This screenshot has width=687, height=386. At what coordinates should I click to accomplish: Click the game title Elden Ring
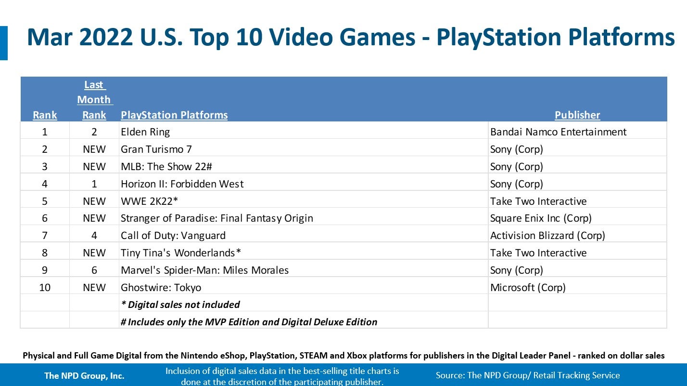coord(145,132)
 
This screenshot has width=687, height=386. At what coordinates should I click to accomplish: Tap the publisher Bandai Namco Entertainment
coord(558,132)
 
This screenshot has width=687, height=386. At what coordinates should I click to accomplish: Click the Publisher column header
coord(577,115)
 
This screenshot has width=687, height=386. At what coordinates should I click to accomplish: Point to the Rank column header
coord(45,115)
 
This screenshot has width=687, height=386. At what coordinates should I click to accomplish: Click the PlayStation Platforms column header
coord(174,115)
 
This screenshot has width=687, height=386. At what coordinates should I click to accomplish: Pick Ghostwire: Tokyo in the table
coord(161,288)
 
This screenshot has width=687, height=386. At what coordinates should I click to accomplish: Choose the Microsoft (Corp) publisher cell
coord(528,288)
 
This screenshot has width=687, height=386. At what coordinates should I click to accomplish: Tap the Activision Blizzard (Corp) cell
coord(547,236)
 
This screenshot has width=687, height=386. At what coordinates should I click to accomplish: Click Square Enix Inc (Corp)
coord(541,218)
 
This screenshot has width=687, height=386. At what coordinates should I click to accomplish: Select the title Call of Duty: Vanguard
coord(173,236)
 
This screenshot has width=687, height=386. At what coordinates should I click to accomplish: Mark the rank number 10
coord(45,288)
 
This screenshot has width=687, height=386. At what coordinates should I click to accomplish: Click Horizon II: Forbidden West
coord(182,184)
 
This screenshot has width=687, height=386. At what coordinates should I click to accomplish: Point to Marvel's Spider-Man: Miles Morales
coord(204,270)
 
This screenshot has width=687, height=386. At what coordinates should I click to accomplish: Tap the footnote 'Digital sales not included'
coord(180,305)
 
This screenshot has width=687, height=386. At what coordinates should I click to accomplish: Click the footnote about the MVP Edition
coord(249,322)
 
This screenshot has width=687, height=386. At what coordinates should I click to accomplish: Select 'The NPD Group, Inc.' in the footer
coord(84,375)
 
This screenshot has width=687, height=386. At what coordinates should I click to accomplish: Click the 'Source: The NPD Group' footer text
coord(528,375)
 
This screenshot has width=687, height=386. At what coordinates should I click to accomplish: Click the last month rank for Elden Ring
coord(94,132)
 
